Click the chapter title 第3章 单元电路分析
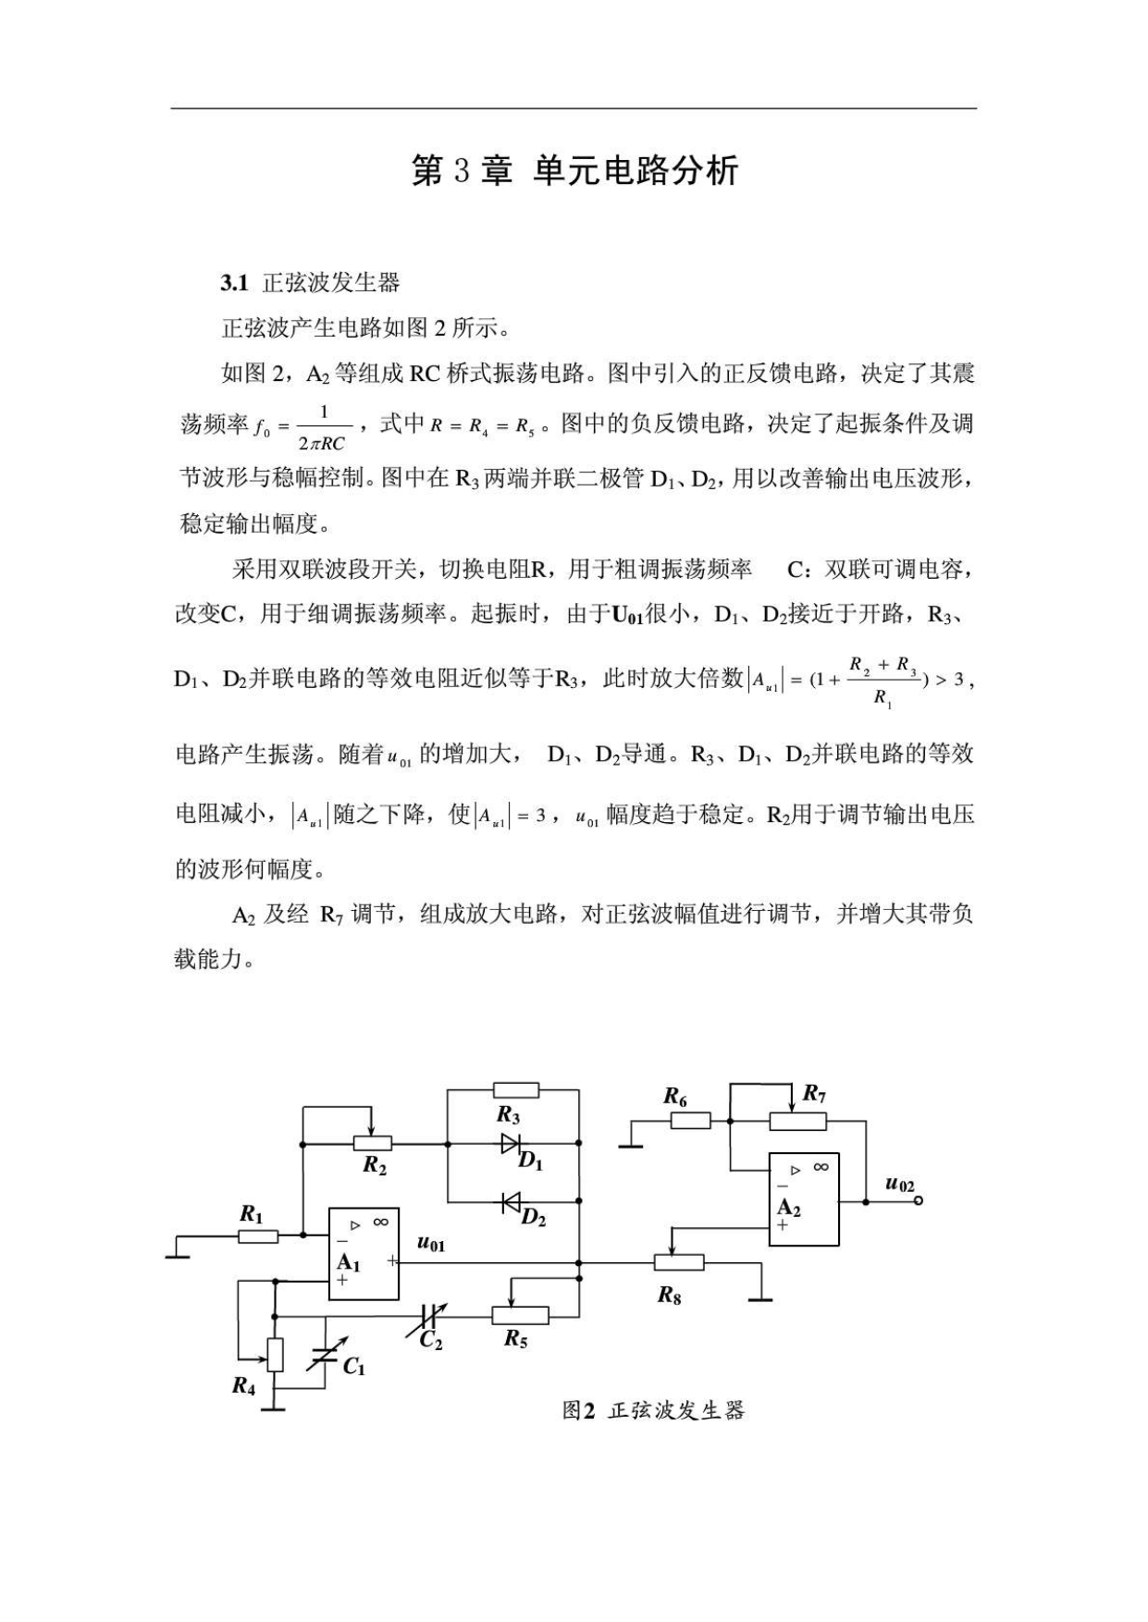[x=574, y=171]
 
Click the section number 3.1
[x=234, y=283]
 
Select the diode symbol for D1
[x=511, y=1143]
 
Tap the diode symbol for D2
[x=510, y=1202]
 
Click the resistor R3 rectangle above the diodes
[x=515, y=1089]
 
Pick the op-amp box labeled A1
[x=364, y=1254]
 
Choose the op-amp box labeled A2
[x=804, y=1199]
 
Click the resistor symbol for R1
[x=258, y=1235]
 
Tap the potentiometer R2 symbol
[x=373, y=1144]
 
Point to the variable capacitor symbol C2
[x=430, y=1315]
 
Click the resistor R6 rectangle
[x=690, y=1121]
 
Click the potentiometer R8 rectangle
[x=679, y=1262]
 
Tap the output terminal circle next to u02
[x=918, y=1201]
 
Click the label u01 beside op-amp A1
[x=431, y=1244]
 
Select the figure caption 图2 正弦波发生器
[x=653, y=1410]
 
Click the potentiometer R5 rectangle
[x=520, y=1315]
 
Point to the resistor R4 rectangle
[x=275, y=1355]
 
